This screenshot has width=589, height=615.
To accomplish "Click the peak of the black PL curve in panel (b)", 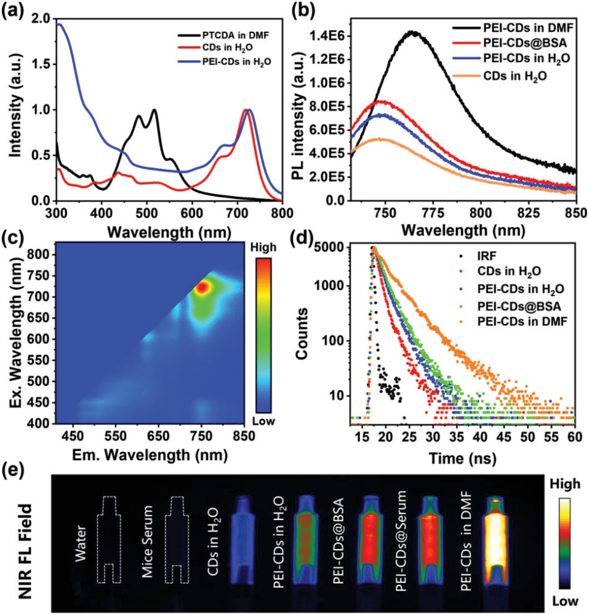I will pyautogui.click(x=413, y=32).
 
